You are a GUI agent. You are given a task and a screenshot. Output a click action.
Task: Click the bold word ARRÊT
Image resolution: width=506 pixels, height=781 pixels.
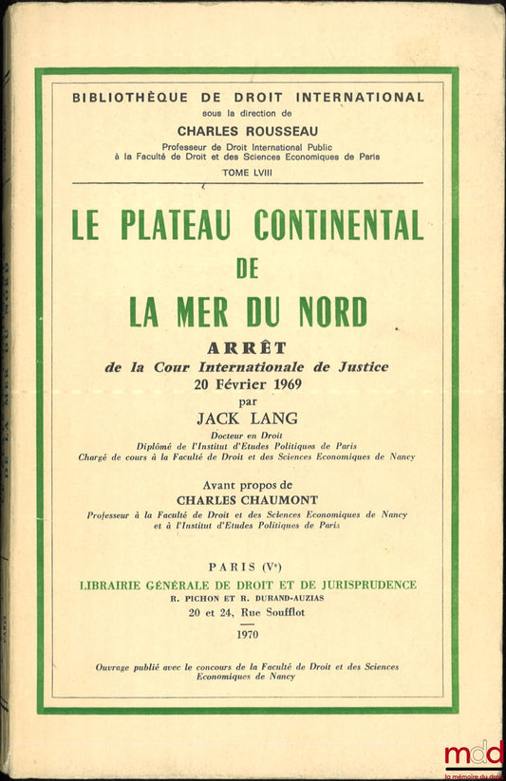(247, 347)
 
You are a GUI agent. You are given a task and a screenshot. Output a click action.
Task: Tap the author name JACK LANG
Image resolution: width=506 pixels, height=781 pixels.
(247, 418)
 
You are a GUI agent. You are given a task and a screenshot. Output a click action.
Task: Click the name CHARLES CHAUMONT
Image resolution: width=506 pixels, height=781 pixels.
(247, 494)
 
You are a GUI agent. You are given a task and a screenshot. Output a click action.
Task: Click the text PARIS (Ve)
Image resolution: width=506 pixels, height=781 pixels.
(247, 567)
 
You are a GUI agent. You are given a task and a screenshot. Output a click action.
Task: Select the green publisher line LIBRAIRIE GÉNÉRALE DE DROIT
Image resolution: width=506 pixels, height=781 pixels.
(247, 585)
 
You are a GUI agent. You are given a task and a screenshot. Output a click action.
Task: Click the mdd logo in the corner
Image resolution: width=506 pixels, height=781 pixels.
(473, 756)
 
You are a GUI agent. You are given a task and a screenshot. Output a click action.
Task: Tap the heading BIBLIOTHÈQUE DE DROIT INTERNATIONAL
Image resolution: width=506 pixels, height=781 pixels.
(249, 97)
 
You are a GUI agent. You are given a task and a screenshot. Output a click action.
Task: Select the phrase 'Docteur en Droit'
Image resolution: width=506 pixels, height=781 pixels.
(247, 435)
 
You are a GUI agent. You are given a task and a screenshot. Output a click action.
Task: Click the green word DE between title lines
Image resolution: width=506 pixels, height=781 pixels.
(247, 268)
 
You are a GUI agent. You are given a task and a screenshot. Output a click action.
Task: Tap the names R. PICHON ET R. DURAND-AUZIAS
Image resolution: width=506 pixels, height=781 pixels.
(247, 600)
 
